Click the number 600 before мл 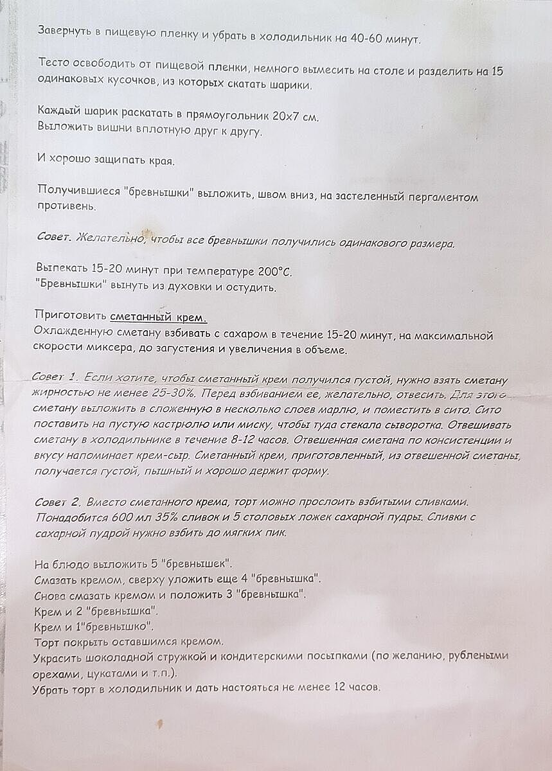110,517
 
